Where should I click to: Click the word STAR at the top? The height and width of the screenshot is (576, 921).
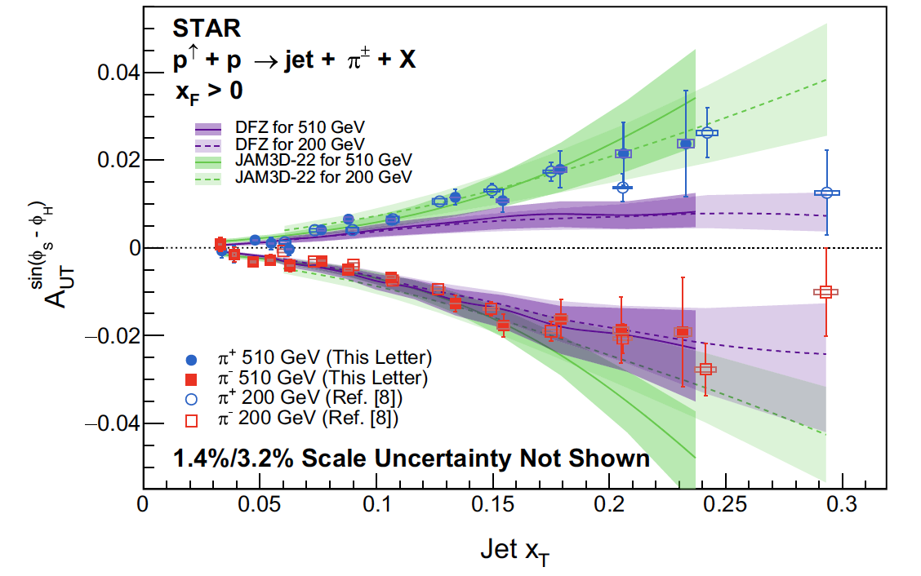click(206, 29)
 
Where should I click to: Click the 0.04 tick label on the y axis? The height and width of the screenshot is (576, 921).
click(120, 73)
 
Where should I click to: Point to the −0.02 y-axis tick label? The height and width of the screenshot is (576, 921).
click(115, 336)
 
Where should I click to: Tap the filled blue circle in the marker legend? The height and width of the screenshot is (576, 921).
click(192, 359)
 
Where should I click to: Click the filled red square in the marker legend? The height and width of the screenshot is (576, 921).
click(192, 379)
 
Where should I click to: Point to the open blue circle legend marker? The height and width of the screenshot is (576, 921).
click(192, 399)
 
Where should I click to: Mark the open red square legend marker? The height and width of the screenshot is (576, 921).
click(192, 419)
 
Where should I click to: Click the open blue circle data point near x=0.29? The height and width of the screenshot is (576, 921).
click(827, 193)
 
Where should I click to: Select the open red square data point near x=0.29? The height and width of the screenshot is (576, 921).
click(826, 292)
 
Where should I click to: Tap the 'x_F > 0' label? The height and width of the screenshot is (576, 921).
click(208, 91)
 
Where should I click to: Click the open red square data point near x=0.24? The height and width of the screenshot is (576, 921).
click(705, 369)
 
